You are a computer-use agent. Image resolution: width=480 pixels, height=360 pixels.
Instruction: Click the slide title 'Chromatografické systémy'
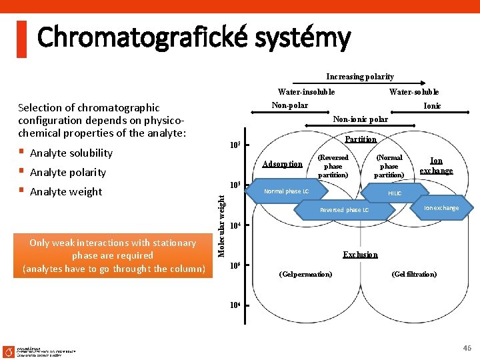(193, 37)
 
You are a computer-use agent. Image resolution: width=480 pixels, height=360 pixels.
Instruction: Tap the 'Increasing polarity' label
(360, 77)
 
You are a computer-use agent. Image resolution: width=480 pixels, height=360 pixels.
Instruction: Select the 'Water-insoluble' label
(306, 92)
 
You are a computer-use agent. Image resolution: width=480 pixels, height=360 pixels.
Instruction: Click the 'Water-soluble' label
(414, 92)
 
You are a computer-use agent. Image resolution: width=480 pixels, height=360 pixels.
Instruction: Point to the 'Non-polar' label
(290, 105)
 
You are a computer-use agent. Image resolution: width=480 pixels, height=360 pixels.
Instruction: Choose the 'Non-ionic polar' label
(361, 119)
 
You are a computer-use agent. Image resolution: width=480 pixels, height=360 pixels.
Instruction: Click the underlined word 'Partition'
(361, 139)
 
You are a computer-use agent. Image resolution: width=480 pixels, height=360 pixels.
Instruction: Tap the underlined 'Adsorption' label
(283, 164)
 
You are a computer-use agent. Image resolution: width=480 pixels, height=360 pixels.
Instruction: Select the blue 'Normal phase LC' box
(287, 191)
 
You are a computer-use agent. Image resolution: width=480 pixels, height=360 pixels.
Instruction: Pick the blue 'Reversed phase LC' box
(344, 210)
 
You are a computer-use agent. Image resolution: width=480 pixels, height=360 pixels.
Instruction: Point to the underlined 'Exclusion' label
(361, 255)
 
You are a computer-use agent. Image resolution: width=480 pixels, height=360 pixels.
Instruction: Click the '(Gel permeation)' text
(306, 274)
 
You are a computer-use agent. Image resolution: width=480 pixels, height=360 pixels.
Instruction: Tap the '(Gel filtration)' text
(414, 274)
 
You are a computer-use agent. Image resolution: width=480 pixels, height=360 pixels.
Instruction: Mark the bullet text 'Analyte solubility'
(71, 153)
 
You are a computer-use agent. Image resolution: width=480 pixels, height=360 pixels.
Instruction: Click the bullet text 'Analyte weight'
(66, 192)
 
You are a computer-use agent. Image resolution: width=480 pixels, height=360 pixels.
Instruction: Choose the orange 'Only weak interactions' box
(113, 256)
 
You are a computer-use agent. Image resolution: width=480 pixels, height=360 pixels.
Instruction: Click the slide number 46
(467, 348)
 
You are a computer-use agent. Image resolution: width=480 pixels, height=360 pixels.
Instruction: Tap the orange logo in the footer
(9, 351)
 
